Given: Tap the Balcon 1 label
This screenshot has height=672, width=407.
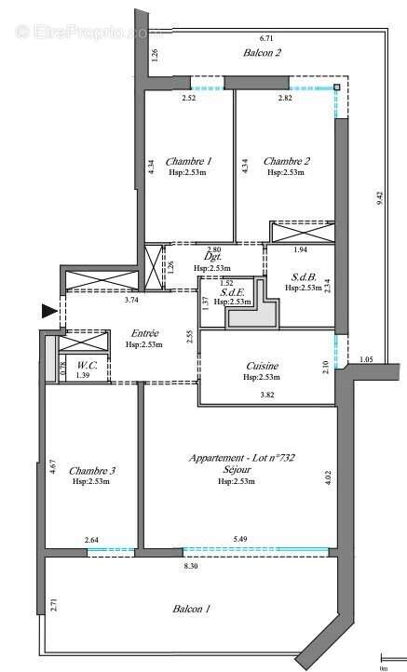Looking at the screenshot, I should pyautogui.click(x=191, y=609).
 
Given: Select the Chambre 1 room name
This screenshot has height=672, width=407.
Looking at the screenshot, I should pyautogui.click(x=189, y=160).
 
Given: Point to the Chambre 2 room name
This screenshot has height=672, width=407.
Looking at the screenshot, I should pyautogui.click(x=287, y=160).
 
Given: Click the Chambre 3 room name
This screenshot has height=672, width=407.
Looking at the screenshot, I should pyautogui.click(x=92, y=470).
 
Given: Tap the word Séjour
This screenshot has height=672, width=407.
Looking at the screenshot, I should pyautogui.click(x=237, y=470).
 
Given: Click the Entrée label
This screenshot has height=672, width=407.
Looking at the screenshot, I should pyautogui.click(x=144, y=333).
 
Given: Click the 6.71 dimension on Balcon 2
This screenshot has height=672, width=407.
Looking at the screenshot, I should pyautogui.click(x=266, y=39).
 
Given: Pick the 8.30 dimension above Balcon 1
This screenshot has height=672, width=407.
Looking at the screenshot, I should pyautogui.click(x=190, y=565).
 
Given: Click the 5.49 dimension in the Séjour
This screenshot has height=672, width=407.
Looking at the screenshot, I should pyautogui.click(x=240, y=540).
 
